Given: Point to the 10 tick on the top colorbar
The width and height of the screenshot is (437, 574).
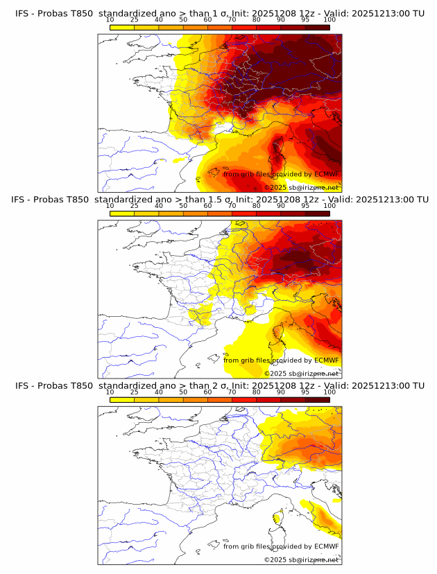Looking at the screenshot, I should click(x=110, y=19).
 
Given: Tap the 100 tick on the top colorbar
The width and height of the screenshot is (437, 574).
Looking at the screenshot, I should click(x=329, y=19).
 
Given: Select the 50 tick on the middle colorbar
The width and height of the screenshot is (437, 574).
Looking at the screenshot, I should click(x=183, y=206).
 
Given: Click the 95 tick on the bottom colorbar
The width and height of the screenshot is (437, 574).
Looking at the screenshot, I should click(x=305, y=392).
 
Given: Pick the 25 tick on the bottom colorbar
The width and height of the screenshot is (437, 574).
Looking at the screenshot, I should click(x=134, y=392).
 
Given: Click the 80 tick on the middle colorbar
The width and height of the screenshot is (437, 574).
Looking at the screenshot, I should click(x=257, y=206).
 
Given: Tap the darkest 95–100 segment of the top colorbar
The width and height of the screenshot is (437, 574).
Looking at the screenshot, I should click(x=317, y=27).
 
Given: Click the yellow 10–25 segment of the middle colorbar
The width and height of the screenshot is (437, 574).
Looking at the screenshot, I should click(x=122, y=214).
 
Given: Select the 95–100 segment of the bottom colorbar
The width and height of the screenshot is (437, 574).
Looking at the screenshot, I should click(x=317, y=399).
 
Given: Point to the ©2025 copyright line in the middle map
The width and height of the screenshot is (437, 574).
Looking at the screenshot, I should click(x=302, y=373).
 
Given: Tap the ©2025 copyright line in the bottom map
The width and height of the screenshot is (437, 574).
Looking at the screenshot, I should click(x=302, y=559).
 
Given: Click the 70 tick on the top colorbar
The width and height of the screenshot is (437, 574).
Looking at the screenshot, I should click(x=232, y=19).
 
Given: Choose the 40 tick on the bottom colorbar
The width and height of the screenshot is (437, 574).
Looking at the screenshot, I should click(x=159, y=392).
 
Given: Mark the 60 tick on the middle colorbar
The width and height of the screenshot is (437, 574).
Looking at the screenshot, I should click(x=207, y=206).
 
